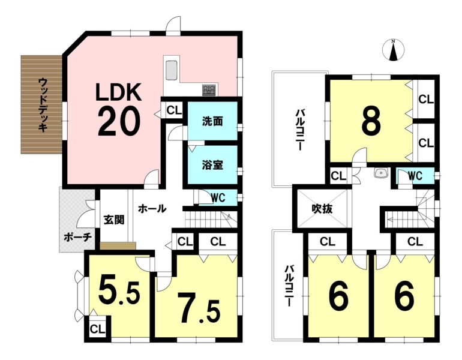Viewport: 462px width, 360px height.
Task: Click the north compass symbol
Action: [x=393, y=50]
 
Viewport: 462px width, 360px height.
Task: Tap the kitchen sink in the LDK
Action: [x=171, y=70]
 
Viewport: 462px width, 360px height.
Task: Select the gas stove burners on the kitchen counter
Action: [x=209, y=89]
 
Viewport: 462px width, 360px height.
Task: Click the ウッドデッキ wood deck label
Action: [x=43, y=104]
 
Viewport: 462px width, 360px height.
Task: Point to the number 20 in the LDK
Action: [x=119, y=121]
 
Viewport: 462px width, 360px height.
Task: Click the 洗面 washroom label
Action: [x=212, y=121]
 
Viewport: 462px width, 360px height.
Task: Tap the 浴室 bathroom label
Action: [x=212, y=165]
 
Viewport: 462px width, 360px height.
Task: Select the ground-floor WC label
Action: [x=218, y=197]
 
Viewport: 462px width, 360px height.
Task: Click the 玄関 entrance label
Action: [x=114, y=220]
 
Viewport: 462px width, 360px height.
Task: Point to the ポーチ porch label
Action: [x=78, y=238]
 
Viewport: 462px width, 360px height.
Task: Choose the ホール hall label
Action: [x=152, y=209]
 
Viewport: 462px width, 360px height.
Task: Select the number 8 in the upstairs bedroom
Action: [x=371, y=121]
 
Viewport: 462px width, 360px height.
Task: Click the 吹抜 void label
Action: [x=322, y=209]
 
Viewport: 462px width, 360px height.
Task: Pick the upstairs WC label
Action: [x=415, y=176]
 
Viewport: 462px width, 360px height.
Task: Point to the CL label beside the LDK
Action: [x=174, y=110]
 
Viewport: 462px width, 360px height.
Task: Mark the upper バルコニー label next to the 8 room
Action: [x=299, y=130]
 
